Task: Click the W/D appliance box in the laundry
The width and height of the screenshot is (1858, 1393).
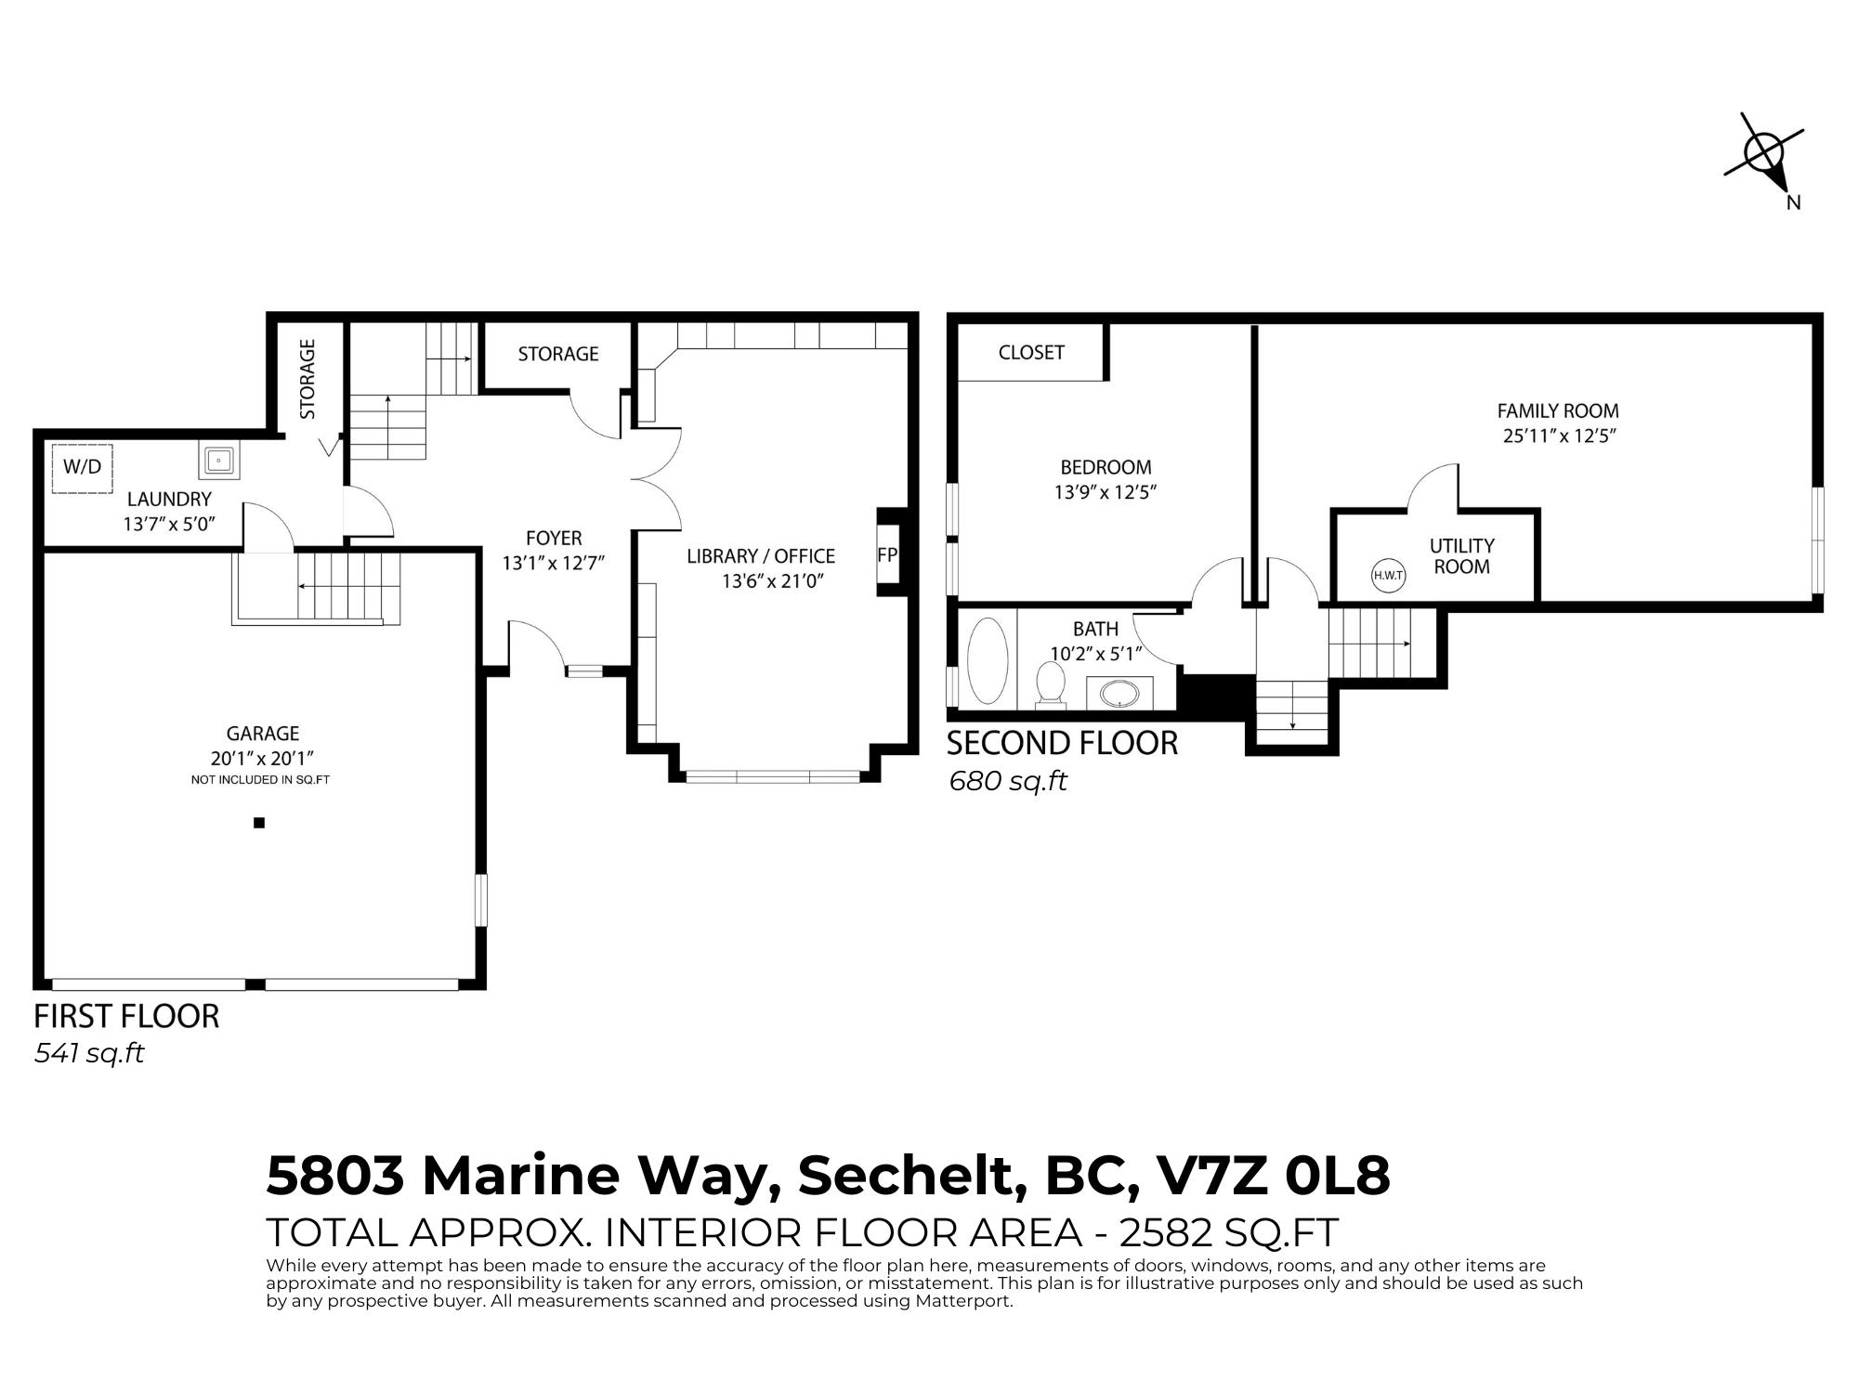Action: coord(82,468)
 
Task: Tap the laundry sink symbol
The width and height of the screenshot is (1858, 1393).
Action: coord(218,460)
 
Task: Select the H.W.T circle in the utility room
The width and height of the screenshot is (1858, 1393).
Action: coord(1388,576)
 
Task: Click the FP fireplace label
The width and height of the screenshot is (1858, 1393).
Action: coord(887,554)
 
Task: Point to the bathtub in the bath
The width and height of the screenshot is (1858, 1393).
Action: coord(988,660)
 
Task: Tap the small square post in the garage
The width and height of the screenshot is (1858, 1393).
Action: coord(259,822)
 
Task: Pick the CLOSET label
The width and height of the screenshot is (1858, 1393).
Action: coord(1031,353)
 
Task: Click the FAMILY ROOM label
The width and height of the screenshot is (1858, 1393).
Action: coord(1558,410)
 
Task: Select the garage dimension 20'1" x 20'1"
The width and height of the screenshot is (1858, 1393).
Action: coord(263,758)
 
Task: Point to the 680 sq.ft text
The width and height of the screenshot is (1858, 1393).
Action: coord(1007,782)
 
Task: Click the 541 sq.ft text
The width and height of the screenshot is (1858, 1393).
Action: coord(89,1054)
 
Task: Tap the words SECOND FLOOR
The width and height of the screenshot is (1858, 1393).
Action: coord(1062,743)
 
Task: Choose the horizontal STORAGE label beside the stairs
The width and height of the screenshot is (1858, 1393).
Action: coord(558,354)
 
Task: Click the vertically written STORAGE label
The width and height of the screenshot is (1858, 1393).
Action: coord(307,379)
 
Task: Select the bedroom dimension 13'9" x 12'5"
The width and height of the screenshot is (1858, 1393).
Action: coord(1105,492)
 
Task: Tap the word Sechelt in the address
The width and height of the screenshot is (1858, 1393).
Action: coord(911,1176)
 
